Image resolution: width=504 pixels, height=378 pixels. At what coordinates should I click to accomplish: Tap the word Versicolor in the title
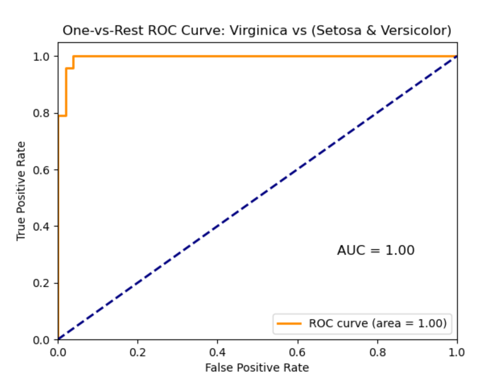click(418, 31)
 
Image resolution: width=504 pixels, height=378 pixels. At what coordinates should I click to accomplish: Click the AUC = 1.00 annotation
click(376, 250)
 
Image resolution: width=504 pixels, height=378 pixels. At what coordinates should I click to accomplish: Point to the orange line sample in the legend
click(289, 323)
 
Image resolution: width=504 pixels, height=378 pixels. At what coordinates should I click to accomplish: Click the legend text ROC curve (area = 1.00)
click(377, 323)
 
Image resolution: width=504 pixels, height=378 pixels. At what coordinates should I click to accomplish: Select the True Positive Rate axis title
click(21, 191)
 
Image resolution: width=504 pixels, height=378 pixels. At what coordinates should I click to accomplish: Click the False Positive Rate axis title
click(257, 367)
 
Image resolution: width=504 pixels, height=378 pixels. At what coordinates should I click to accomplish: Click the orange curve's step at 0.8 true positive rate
click(62, 115)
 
